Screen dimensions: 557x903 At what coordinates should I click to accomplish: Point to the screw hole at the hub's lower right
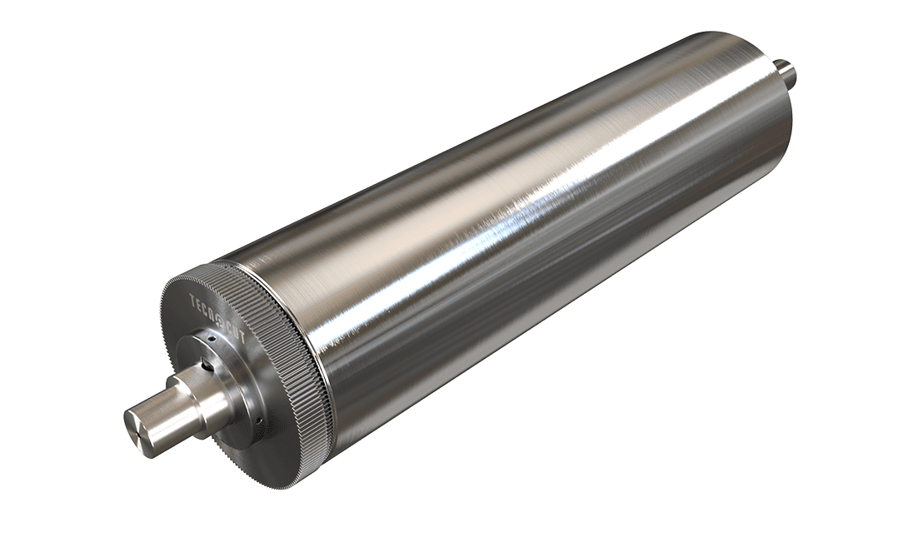point(258,420)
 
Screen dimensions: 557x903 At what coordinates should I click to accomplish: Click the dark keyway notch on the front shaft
point(202,365)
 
